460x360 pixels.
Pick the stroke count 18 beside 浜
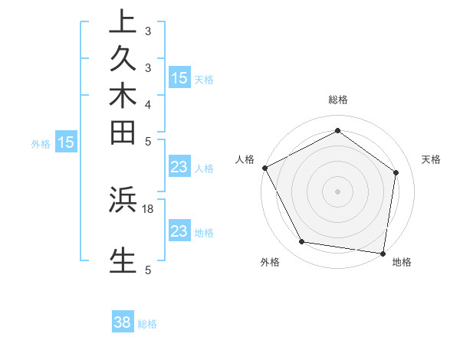[149, 208]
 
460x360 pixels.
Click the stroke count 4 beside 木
[148, 104]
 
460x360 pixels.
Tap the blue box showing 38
[123, 322]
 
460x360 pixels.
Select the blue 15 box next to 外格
[67, 142]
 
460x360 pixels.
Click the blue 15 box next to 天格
[179, 77]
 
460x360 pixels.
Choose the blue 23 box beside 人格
[179, 168]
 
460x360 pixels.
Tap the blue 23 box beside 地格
[179, 231]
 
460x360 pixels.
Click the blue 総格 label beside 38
[148, 324]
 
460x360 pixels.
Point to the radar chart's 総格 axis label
[338, 100]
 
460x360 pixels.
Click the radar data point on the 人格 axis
[264, 168]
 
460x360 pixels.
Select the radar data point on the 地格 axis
[383, 253]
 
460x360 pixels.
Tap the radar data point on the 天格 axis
[396, 172]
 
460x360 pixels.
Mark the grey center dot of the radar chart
[338, 191]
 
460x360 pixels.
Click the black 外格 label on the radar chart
[270, 263]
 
